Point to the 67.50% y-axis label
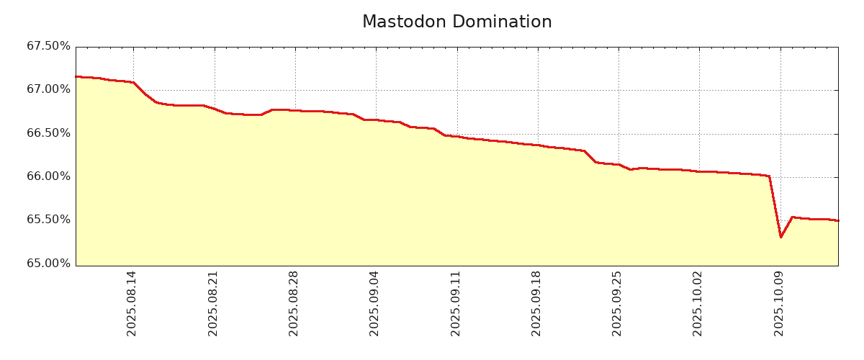(x=49, y=46)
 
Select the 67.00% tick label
(x=49, y=89)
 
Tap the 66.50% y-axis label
(x=49, y=133)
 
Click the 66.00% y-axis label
(x=49, y=176)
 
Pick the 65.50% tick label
(x=49, y=220)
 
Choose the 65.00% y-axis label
(x=49, y=264)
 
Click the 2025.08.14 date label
(x=132, y=303)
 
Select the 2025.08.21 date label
(x=213, y=303)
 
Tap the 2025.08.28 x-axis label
(x=294, y=303)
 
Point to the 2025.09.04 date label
(x=374, y=303)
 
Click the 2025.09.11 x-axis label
(x=456, y=303)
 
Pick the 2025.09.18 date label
(x=536, y=303)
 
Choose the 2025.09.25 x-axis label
(x=617, y=303)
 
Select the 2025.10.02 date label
(x=698, y=303)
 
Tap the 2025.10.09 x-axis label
(x=779, y=303)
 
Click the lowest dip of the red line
(x=780, y=237)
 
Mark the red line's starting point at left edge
(x=76, y=76)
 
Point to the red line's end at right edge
(x=837, y=220)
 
